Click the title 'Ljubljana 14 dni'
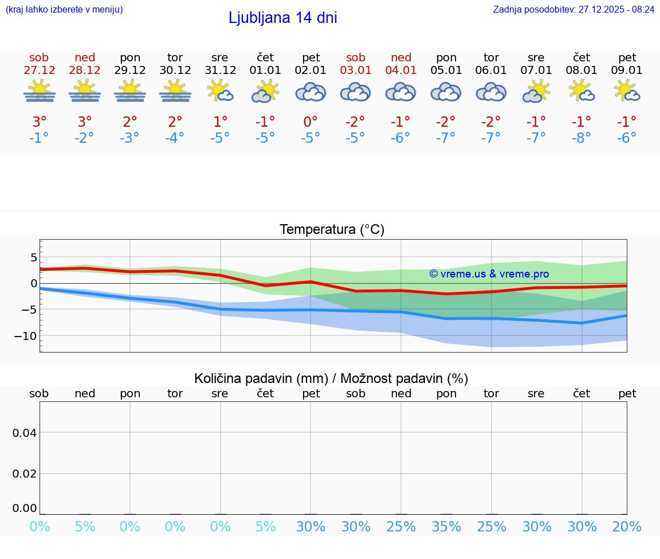(282, 18)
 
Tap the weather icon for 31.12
(220, 91)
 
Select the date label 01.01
(265, 71)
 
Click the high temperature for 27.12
(40, 122)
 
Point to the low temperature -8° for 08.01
(582, 138)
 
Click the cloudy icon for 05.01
(446, 92)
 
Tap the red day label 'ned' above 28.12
(85, 58)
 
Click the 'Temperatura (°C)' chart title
(332, 230)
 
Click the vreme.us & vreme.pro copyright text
(489, 274)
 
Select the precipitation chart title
(331, 378)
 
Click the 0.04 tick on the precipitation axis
(25, 433)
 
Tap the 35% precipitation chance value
(446, 527)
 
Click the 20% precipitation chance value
(627, 527)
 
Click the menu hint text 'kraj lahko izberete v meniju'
(64, 10)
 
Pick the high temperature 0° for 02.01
(311, 122)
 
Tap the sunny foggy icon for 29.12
(130, 91)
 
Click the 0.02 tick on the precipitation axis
(25, 474)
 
